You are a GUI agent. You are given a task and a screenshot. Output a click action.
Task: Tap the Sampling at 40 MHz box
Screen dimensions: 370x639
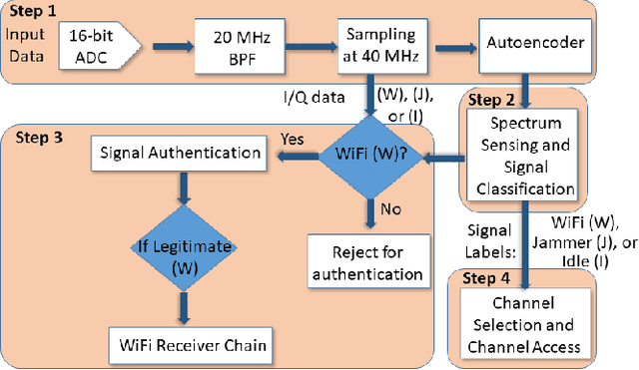(x=380, y=43)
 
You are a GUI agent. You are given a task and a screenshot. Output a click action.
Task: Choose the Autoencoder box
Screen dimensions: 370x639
(x=527, y=44)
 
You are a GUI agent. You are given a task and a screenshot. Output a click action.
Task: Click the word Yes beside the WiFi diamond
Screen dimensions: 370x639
(x=293, y=138)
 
